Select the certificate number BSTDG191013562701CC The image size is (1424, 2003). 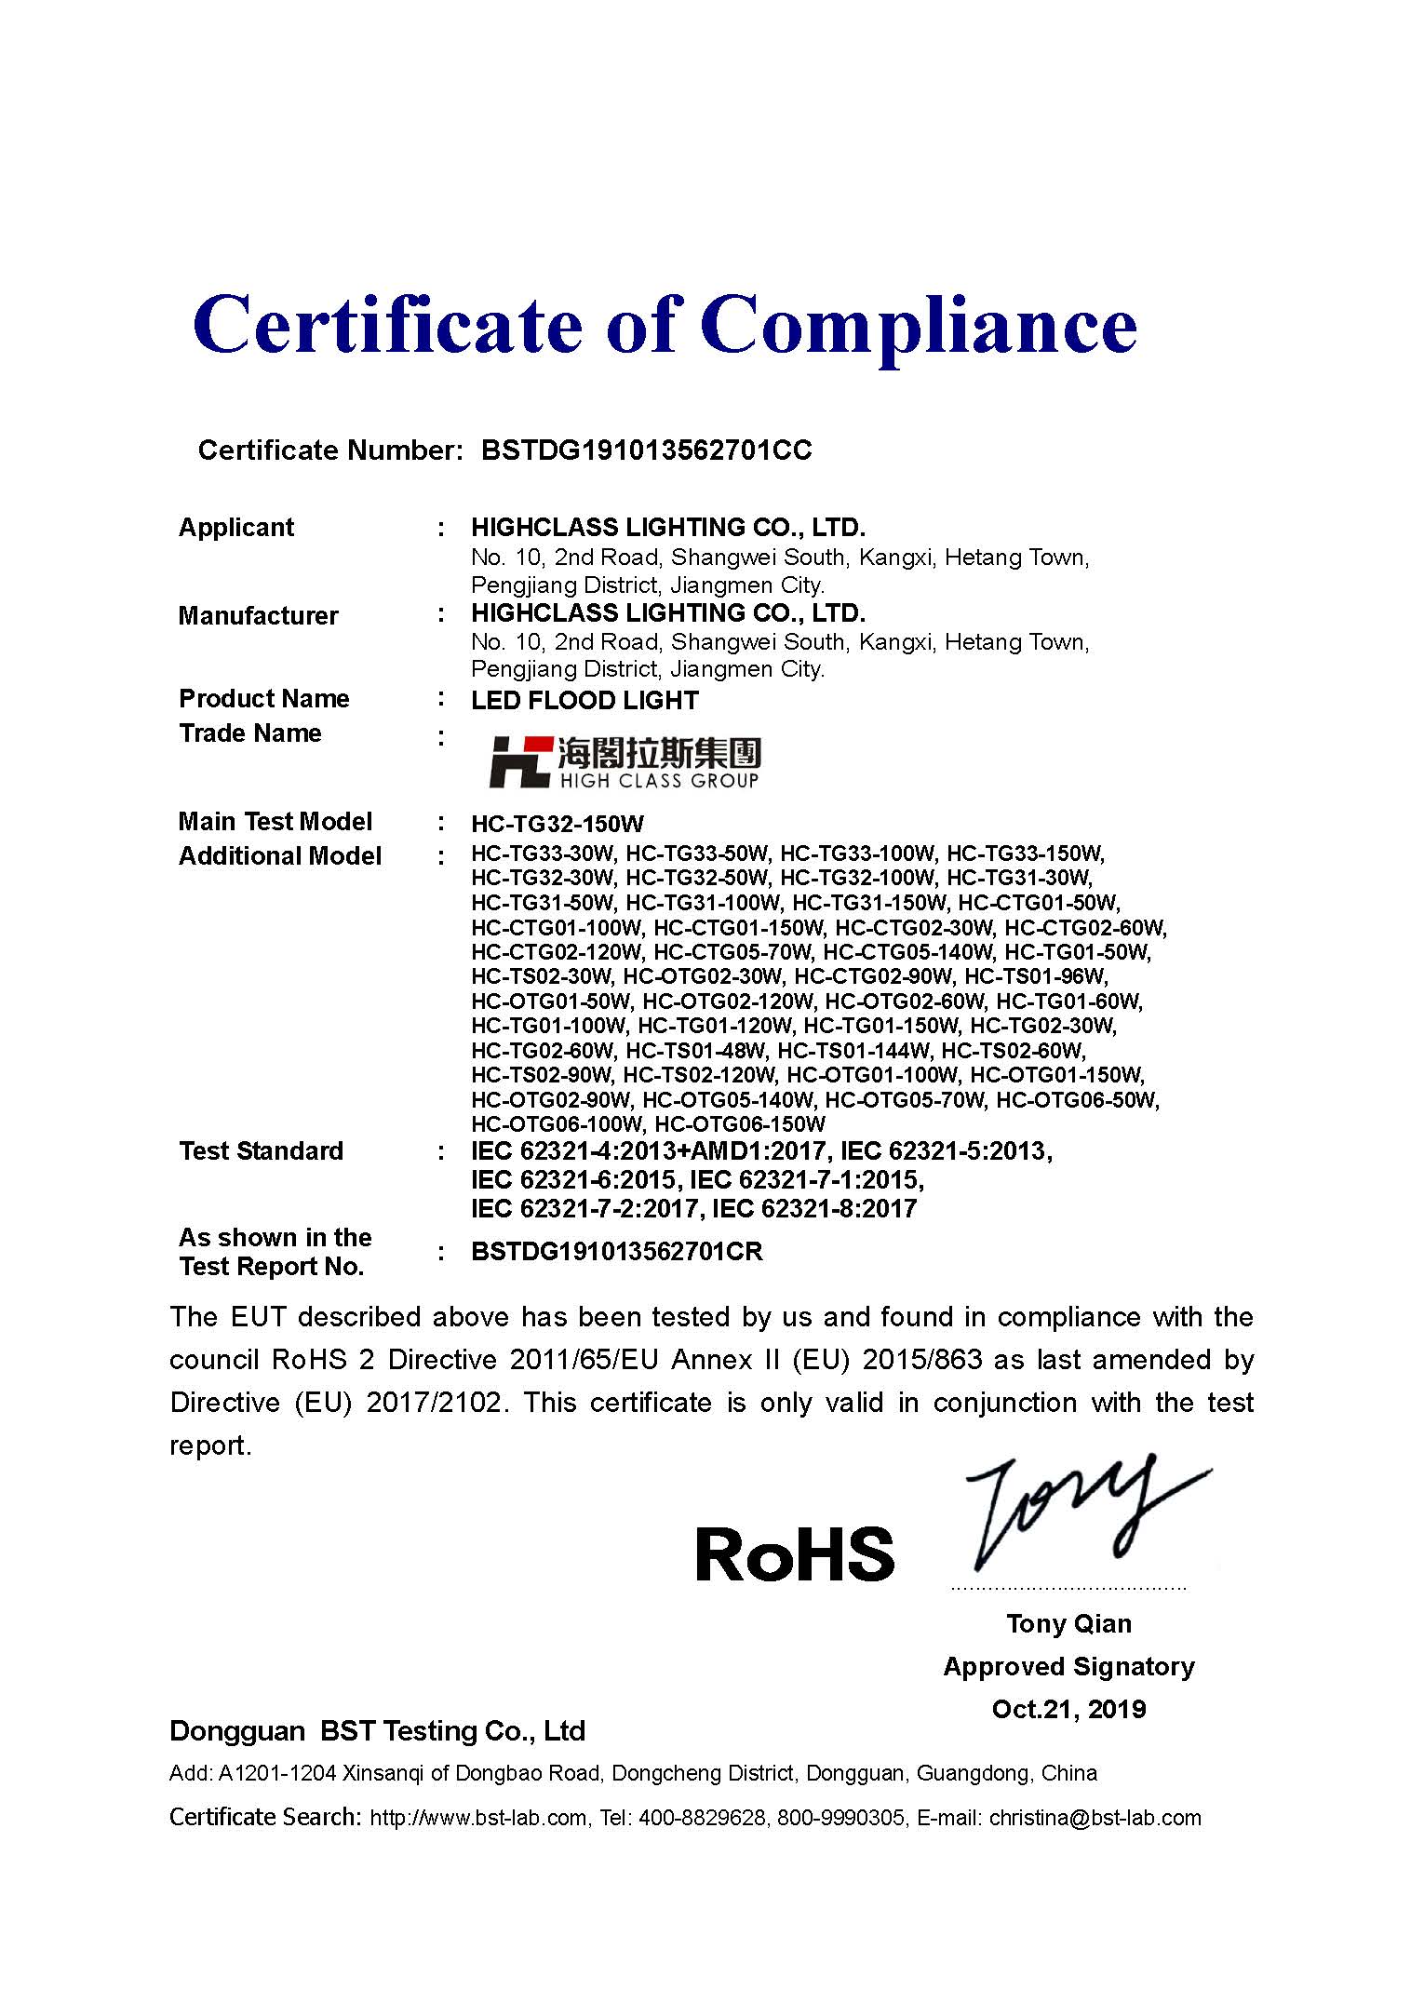pos(646,450)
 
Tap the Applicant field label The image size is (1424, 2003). pos(235,528)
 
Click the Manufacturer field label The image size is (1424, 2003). pos(258,616)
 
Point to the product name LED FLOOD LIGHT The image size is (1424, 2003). pos(584,701)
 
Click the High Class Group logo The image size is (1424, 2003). pos(625,762)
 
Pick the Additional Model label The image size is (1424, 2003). pos(279,856)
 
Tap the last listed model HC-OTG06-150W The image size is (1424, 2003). pos(739,1124)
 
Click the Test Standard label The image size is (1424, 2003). pos(261,1151)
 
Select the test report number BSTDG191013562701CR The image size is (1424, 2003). pos(616,1252)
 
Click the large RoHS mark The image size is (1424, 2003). pos(794,1554)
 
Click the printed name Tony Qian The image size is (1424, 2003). pos(1068,1624)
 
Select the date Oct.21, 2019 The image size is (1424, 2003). pos(1068,1710)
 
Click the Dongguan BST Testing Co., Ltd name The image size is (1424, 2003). pos(377,1731)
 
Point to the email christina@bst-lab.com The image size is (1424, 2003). pos(1095,1818)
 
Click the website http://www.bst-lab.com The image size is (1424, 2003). pos(478,1818)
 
